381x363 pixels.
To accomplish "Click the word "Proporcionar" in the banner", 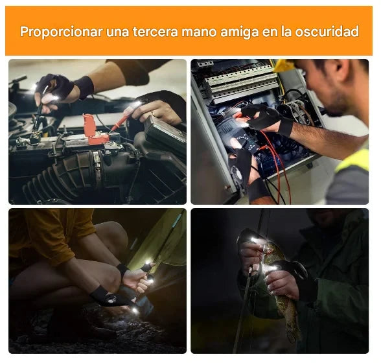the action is point(61,32).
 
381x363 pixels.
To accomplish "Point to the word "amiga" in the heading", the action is point(239,32).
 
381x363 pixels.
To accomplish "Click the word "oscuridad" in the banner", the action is point(327,32).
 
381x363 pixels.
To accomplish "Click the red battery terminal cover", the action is point(95,130).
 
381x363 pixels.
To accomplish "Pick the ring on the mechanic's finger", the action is point(152,113).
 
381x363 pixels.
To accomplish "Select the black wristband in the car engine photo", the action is point(85,87).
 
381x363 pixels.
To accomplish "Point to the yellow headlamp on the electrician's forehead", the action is point(284,65).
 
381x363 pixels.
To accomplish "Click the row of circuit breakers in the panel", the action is point(240,80).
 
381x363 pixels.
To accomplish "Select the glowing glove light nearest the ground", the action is point(134,310).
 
